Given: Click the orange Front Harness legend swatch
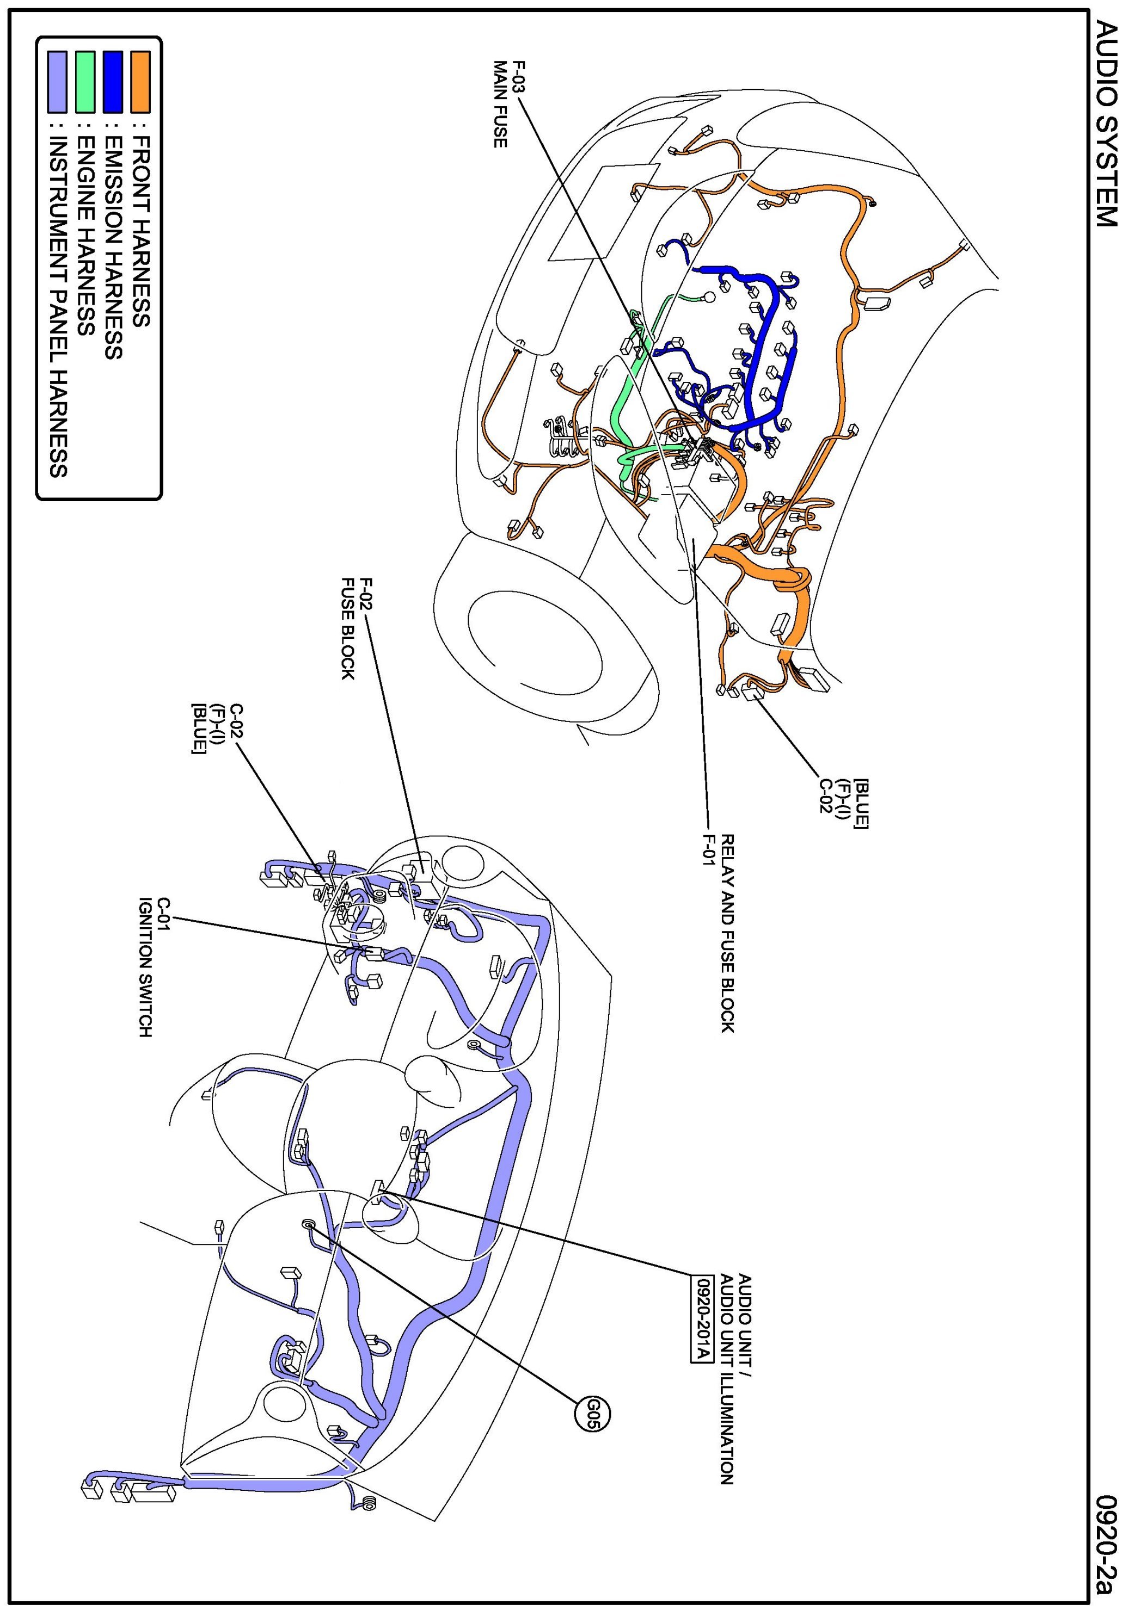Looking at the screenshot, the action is pyautogui.click(x=140, y=82).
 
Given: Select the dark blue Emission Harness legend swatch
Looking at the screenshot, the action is pyautogui.click(x=113, y=82).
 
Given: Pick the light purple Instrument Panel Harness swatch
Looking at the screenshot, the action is pyautogui.click(x=57, y=82).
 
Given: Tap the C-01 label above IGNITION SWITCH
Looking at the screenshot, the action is pyautogui.click(x=164, y=912).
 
